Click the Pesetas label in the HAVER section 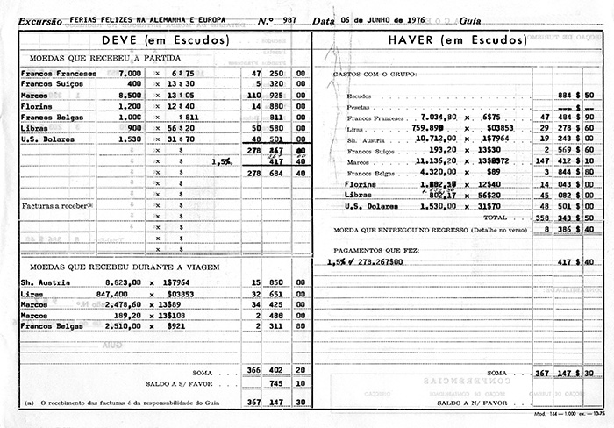[x=359, y=105]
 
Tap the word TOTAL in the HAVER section [x=496, y=216]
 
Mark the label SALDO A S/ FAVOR [x=180, y=383]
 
